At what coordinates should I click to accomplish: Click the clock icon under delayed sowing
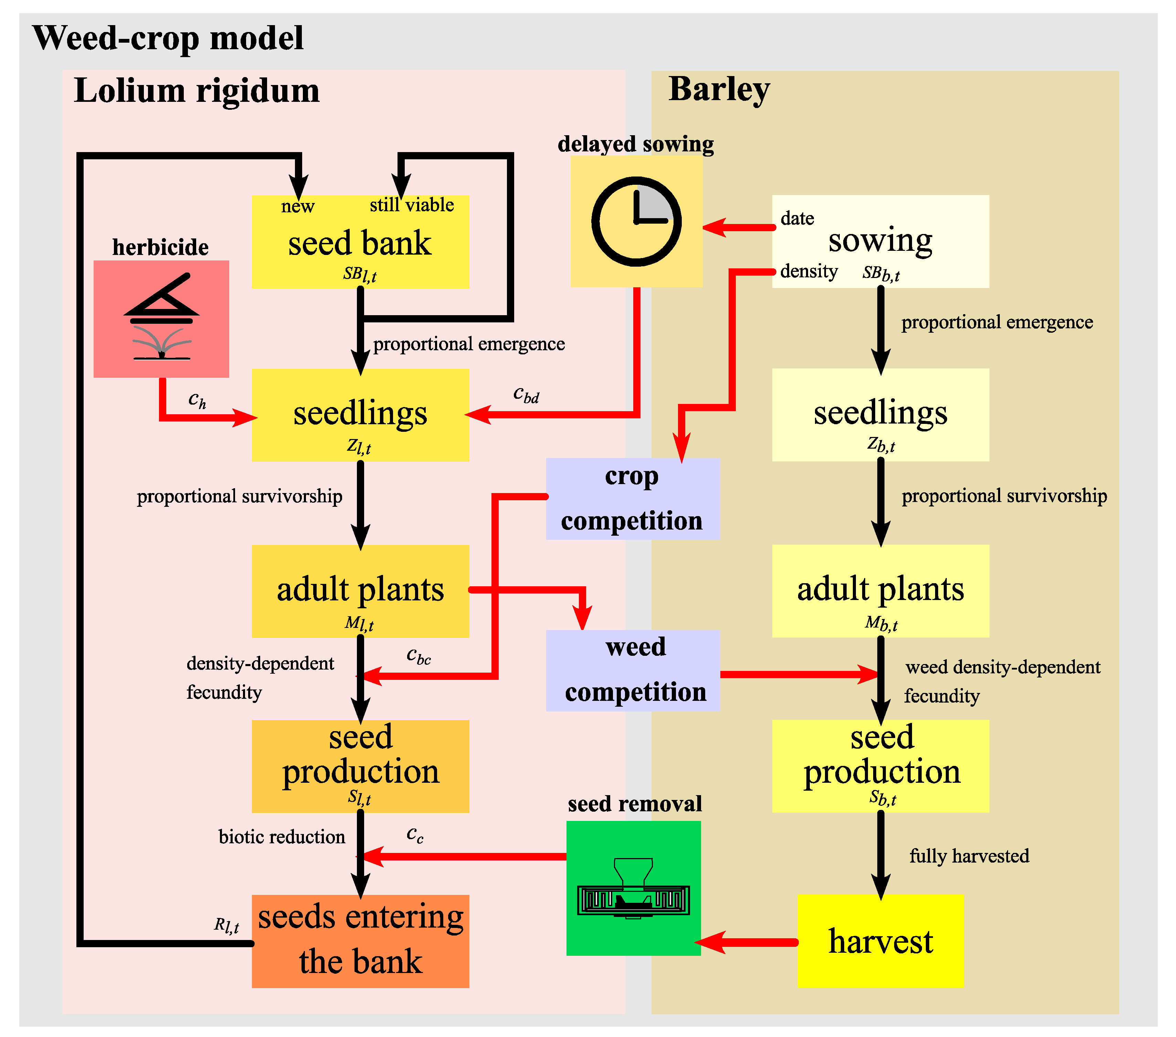point(636,222)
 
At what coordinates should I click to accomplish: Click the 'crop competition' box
point(632,499)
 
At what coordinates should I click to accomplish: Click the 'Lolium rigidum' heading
point(197,91)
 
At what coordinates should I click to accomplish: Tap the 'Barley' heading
point(719,90)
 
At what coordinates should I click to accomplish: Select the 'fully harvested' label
point(969,856)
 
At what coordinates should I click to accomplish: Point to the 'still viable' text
point(411,205)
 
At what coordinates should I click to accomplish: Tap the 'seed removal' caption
point(635,803)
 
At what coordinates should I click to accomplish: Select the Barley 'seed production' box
point(880,765)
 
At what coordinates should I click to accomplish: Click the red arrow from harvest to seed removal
point(748,942)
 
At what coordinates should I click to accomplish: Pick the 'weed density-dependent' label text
point(1002,667)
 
